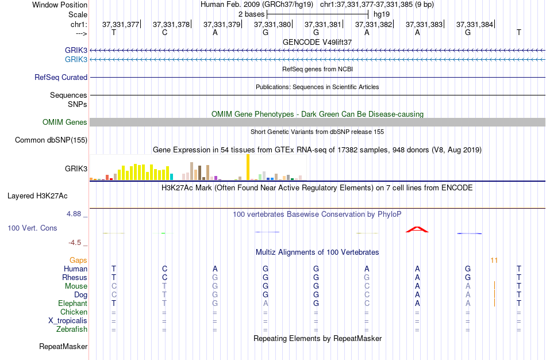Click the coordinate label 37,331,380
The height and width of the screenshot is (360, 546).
coord(272,24)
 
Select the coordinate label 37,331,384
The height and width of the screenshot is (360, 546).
coord(475,24)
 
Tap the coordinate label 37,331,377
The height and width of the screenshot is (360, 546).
coord(121,24)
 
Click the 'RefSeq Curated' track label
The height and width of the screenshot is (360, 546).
coord(61,77)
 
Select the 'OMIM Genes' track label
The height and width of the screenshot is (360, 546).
coord(65,122)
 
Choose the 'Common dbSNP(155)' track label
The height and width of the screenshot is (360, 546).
coord(51,140)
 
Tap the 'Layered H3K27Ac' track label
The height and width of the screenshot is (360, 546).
coord(37,196)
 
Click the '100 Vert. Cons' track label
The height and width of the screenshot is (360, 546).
coord(32,228)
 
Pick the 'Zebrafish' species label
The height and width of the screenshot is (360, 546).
coord(72,330)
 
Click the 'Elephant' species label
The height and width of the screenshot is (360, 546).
coord(72,304)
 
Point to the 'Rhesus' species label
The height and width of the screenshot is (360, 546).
coord(75,278)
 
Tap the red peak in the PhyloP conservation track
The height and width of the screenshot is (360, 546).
coord(417,229)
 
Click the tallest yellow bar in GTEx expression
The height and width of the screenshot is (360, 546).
coord(248,167)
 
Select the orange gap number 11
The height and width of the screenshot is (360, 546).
coord(494,261)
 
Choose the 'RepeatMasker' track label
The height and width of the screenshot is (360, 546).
coord(63,347)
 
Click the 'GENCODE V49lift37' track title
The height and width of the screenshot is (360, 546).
coord(317,42)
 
